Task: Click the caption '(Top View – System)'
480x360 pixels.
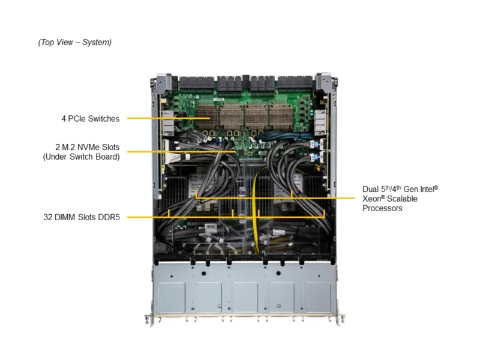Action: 74,42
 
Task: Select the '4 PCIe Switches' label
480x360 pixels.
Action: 90,119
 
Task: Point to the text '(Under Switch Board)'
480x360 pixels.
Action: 81,157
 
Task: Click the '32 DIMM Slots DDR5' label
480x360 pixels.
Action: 82,217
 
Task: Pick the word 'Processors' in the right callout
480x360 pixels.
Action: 382,208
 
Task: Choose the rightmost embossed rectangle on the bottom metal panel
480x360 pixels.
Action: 317,295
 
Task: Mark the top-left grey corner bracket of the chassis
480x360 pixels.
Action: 161,82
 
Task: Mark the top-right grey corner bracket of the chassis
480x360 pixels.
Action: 325,82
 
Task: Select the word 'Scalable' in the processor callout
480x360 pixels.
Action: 401,199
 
